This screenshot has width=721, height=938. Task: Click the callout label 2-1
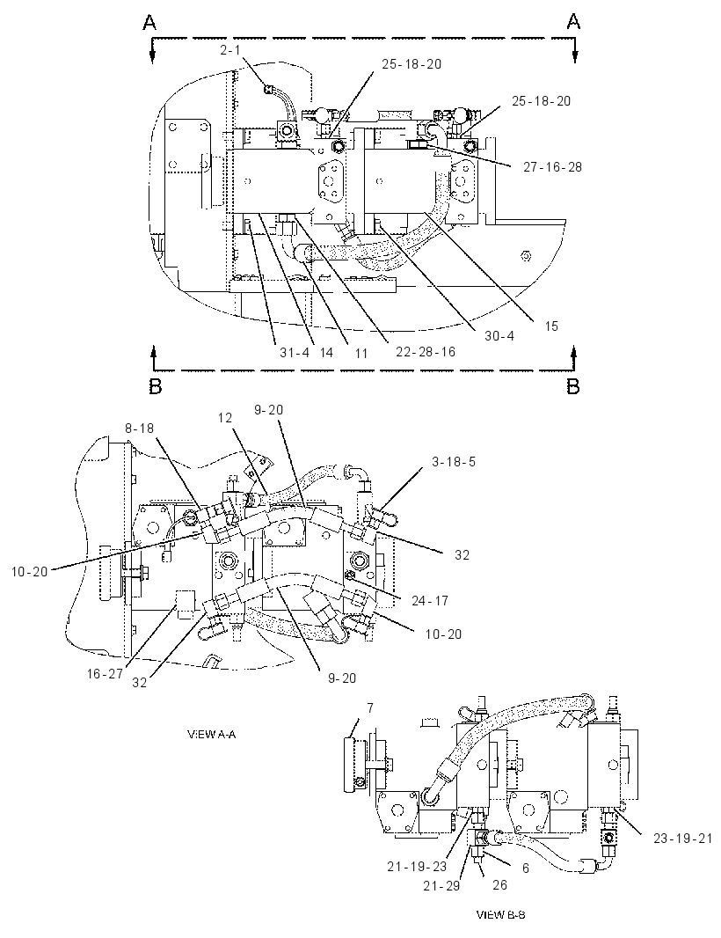229,50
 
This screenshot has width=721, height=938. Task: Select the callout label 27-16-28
552,167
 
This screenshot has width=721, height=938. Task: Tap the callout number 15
551,326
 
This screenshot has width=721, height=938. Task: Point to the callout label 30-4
499,336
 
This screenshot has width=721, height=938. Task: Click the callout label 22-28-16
426,352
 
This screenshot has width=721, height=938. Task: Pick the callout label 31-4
295,352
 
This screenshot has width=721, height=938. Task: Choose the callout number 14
326,352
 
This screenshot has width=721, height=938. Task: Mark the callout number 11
361,353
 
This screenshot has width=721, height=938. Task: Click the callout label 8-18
139,429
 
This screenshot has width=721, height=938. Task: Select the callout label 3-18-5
454,462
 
